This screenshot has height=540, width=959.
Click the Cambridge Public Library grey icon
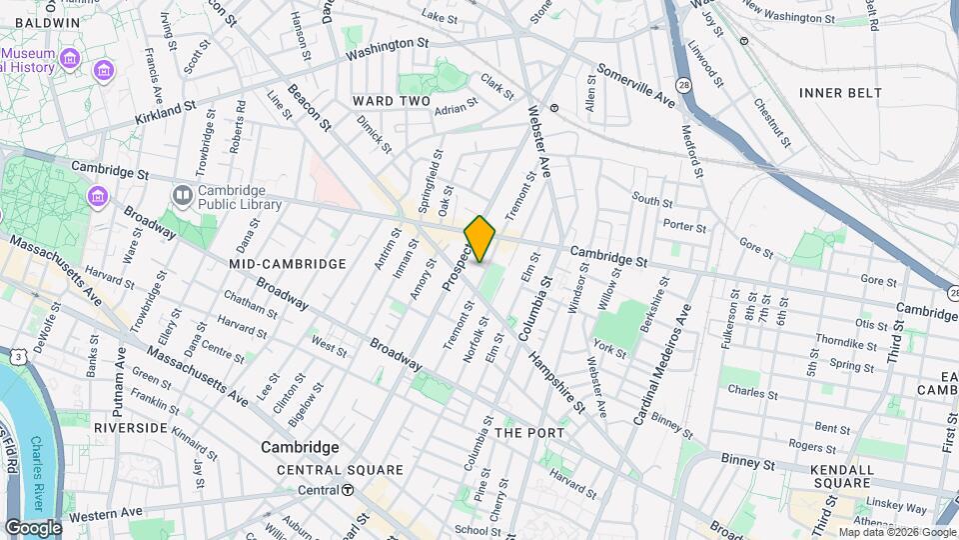click(183, 195)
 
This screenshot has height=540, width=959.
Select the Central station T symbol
click(347, 490)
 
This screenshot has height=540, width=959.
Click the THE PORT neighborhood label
click(529, 433)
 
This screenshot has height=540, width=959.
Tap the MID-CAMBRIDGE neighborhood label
click(287, 264)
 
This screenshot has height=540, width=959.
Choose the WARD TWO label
click(391, 101)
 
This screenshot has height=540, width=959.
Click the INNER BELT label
click(840, 93)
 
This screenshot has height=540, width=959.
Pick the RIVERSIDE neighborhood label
click(130, 427)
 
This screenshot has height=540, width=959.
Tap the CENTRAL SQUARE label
click(340, 469)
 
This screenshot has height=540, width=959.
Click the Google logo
click(33, 528)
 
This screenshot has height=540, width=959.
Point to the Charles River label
click(40, 461)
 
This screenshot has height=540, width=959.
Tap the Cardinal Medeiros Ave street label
click(660, 365)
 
